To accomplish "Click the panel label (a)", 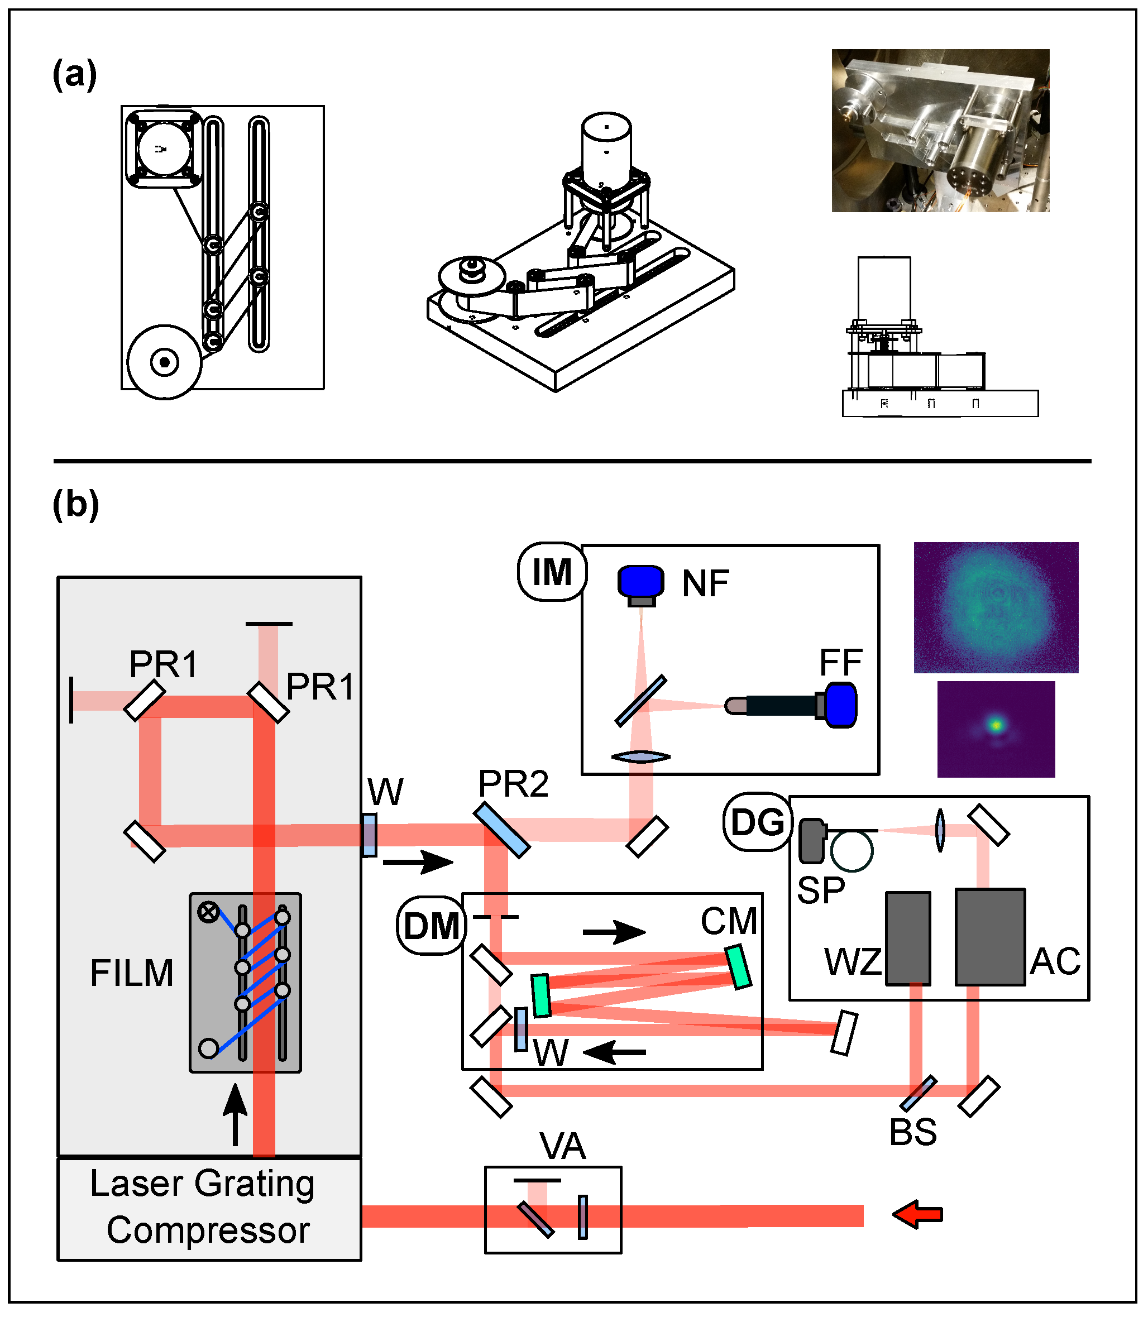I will tap(75, 74).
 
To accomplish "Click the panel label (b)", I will tap(75, 505).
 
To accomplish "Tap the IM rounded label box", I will tap(552, 572).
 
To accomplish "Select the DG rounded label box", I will tap(757, 822).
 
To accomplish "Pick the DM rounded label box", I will tap(431, 926).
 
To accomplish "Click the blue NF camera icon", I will tap(640, 581).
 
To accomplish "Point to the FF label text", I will tap(840, 662).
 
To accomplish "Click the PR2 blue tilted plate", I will tap(501, 830).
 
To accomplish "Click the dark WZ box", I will tap(908, 938).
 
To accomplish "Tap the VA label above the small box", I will tap(562, 1146).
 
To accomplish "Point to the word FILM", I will tap(132, 973).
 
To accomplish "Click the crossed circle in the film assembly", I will tap(208, 912).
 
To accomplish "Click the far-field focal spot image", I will tap(996, 729).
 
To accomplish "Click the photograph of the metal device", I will tap(940, 131).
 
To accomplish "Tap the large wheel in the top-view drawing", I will tap(165, 362).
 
